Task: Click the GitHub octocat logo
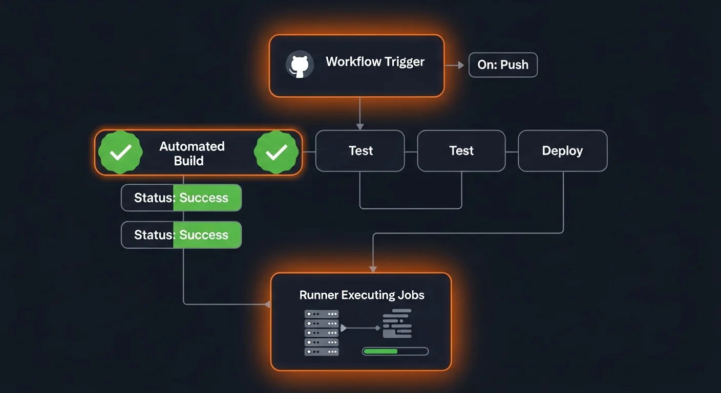coord(300,65)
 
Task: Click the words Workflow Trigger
coord(375,62)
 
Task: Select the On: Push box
coord(503,65)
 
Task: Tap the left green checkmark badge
coord(120,152)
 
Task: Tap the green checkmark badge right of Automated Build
coord(277,152)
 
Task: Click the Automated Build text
coord(192,153)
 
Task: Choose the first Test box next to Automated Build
coord(360,151)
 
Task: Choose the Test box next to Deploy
coord(461,151)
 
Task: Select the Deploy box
coord(562,151)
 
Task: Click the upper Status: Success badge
coord(181,198)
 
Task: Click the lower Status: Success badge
coord(181,235)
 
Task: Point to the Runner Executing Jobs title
coord(362,295)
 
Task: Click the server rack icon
coord(322,333)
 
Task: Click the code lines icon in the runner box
coord(397,323)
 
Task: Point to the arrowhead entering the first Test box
coord(360,126)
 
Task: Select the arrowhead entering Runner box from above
coord(373,269)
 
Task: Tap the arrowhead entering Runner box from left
coord(267,304)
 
